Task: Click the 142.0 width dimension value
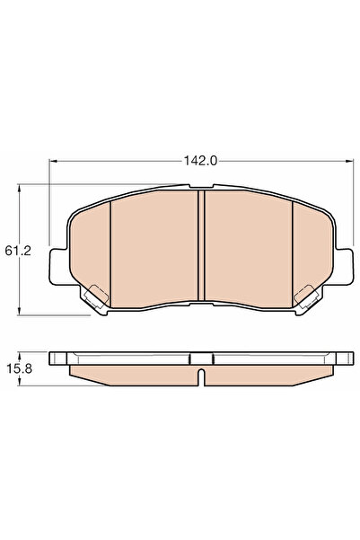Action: coord(201,162)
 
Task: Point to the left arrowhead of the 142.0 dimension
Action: coord(51,162)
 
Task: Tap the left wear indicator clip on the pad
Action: coord(94,293)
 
